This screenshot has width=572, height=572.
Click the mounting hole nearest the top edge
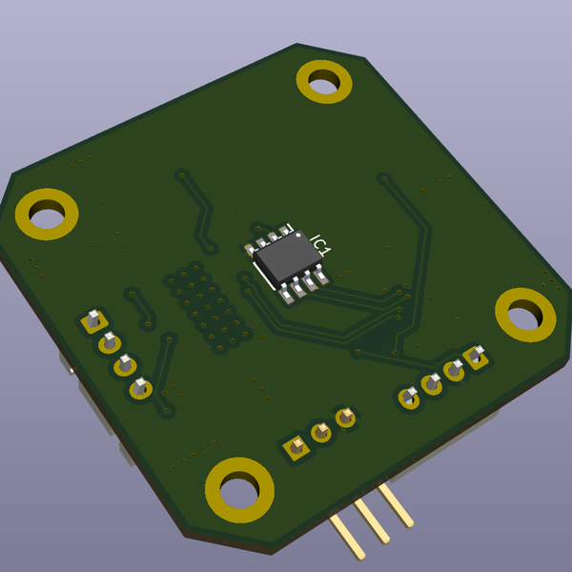pos(324,81)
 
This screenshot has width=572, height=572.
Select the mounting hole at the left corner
pos(46,214)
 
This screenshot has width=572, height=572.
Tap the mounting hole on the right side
pos(525,315)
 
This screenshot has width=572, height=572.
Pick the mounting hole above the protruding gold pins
pos(239,489)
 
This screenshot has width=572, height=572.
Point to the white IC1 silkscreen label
pos(319,244)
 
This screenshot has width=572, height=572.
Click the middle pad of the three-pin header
pos(321,432)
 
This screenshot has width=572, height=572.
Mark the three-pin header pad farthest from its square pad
pos(346,417)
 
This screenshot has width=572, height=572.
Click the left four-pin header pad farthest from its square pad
pos(140,387)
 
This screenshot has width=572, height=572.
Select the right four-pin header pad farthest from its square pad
pos(410,396)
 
